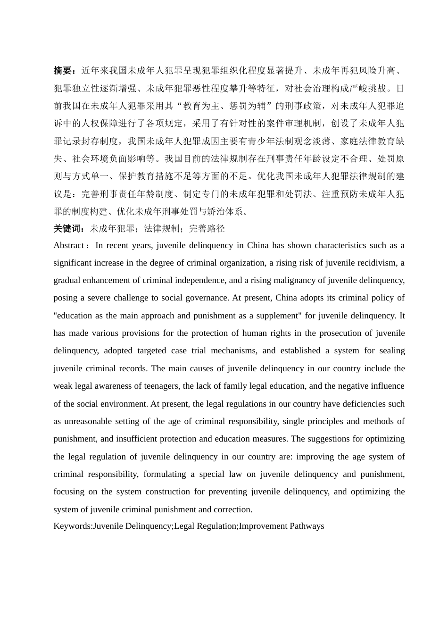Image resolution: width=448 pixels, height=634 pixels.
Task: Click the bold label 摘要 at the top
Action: [63, 71]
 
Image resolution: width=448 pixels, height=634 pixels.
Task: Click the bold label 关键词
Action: [67, 229]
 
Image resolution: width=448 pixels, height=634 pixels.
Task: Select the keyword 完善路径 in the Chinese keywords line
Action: [207, 229]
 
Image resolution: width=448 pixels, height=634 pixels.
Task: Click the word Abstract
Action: [68, 245]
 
